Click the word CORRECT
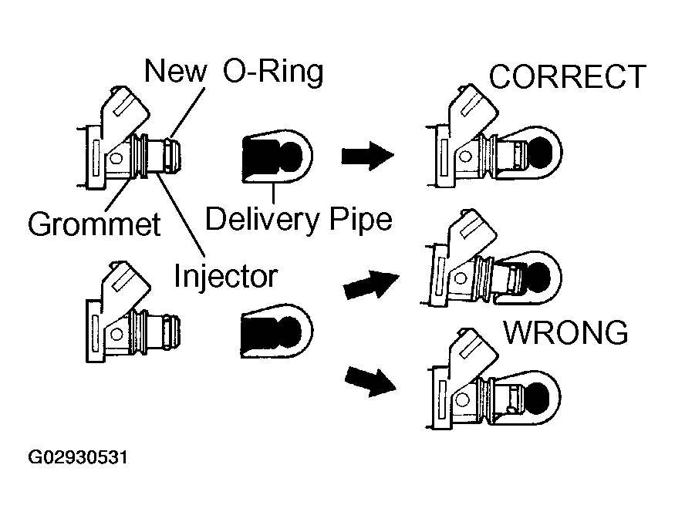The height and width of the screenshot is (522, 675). coord(567,76)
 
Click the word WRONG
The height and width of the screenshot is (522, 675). coord(565,332)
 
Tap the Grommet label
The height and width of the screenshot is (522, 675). coord(94,224)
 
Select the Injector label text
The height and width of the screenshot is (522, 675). coord(225,276)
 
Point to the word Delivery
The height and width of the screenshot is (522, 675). coord(262,220)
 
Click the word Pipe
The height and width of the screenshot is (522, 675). coord(361,220)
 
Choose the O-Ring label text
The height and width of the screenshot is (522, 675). coord(273,71)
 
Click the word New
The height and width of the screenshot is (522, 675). coord(175,71)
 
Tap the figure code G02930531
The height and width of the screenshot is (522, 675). coord(77,457)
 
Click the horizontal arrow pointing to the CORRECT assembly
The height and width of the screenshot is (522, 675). coord(368,156)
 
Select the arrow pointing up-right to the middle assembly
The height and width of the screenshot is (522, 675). coord(371,285)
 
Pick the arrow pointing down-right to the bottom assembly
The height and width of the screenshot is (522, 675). coord(370,382)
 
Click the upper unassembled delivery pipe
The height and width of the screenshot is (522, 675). coord(278,157)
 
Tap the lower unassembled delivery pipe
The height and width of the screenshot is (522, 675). coord(277,331)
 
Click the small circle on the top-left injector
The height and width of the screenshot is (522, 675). coord(116,158)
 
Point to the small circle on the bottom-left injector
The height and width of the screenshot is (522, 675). coord(116,334)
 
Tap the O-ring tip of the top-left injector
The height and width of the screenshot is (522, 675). coord(174,155)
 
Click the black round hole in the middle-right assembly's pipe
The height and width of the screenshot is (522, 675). coord(538,275)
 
